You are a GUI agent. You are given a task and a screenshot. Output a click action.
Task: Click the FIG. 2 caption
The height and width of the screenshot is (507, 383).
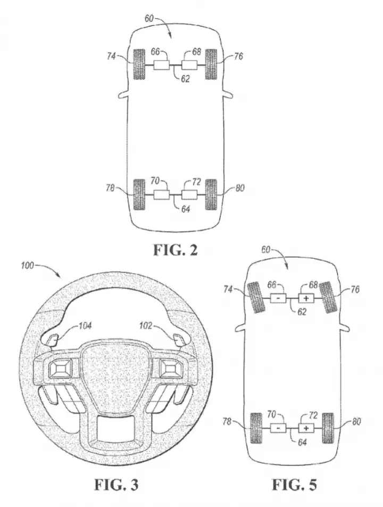click(175, 250)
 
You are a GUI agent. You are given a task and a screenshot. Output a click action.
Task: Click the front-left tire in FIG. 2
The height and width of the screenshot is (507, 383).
click(139, 64)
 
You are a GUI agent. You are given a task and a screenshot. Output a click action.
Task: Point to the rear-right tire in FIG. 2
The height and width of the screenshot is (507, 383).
click(211, 194)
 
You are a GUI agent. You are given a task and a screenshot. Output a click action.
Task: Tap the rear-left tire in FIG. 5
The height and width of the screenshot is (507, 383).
click(256, 428)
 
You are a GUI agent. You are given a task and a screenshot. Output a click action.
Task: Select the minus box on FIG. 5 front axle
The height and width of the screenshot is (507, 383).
click(278, 298)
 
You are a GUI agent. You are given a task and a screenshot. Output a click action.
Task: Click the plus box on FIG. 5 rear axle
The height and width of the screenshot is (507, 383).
click(306, 428)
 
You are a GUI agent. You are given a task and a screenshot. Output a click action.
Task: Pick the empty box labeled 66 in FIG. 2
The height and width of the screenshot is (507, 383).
click(161, 65)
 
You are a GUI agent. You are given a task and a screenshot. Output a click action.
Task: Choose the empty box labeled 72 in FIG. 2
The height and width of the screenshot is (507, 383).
click(190, 195)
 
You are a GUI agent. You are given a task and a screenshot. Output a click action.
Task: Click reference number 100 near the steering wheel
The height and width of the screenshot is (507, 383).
click(27, 266)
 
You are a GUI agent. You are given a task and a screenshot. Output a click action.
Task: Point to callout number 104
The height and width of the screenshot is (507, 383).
click(85, 325)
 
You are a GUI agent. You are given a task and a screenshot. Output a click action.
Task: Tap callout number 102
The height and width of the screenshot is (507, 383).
click(146, 325)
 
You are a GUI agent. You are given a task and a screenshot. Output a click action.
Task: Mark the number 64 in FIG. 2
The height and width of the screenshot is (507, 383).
click(185, 209)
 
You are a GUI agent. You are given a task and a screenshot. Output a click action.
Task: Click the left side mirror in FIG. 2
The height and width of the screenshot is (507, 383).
click(124, 94)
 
